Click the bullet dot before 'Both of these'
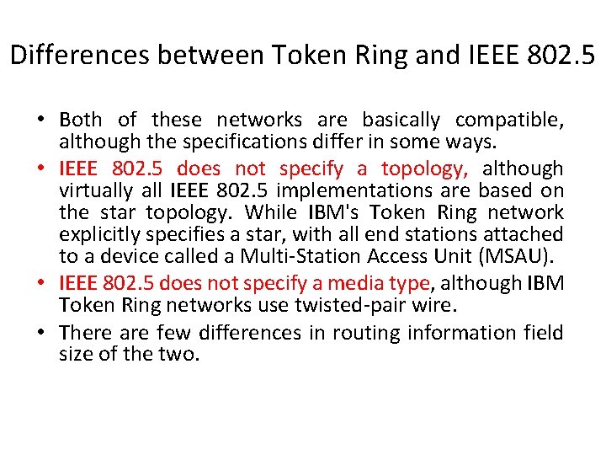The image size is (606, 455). point(41,120)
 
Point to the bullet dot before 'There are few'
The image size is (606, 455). point(41,333)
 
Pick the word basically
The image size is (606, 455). point(401,120)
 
